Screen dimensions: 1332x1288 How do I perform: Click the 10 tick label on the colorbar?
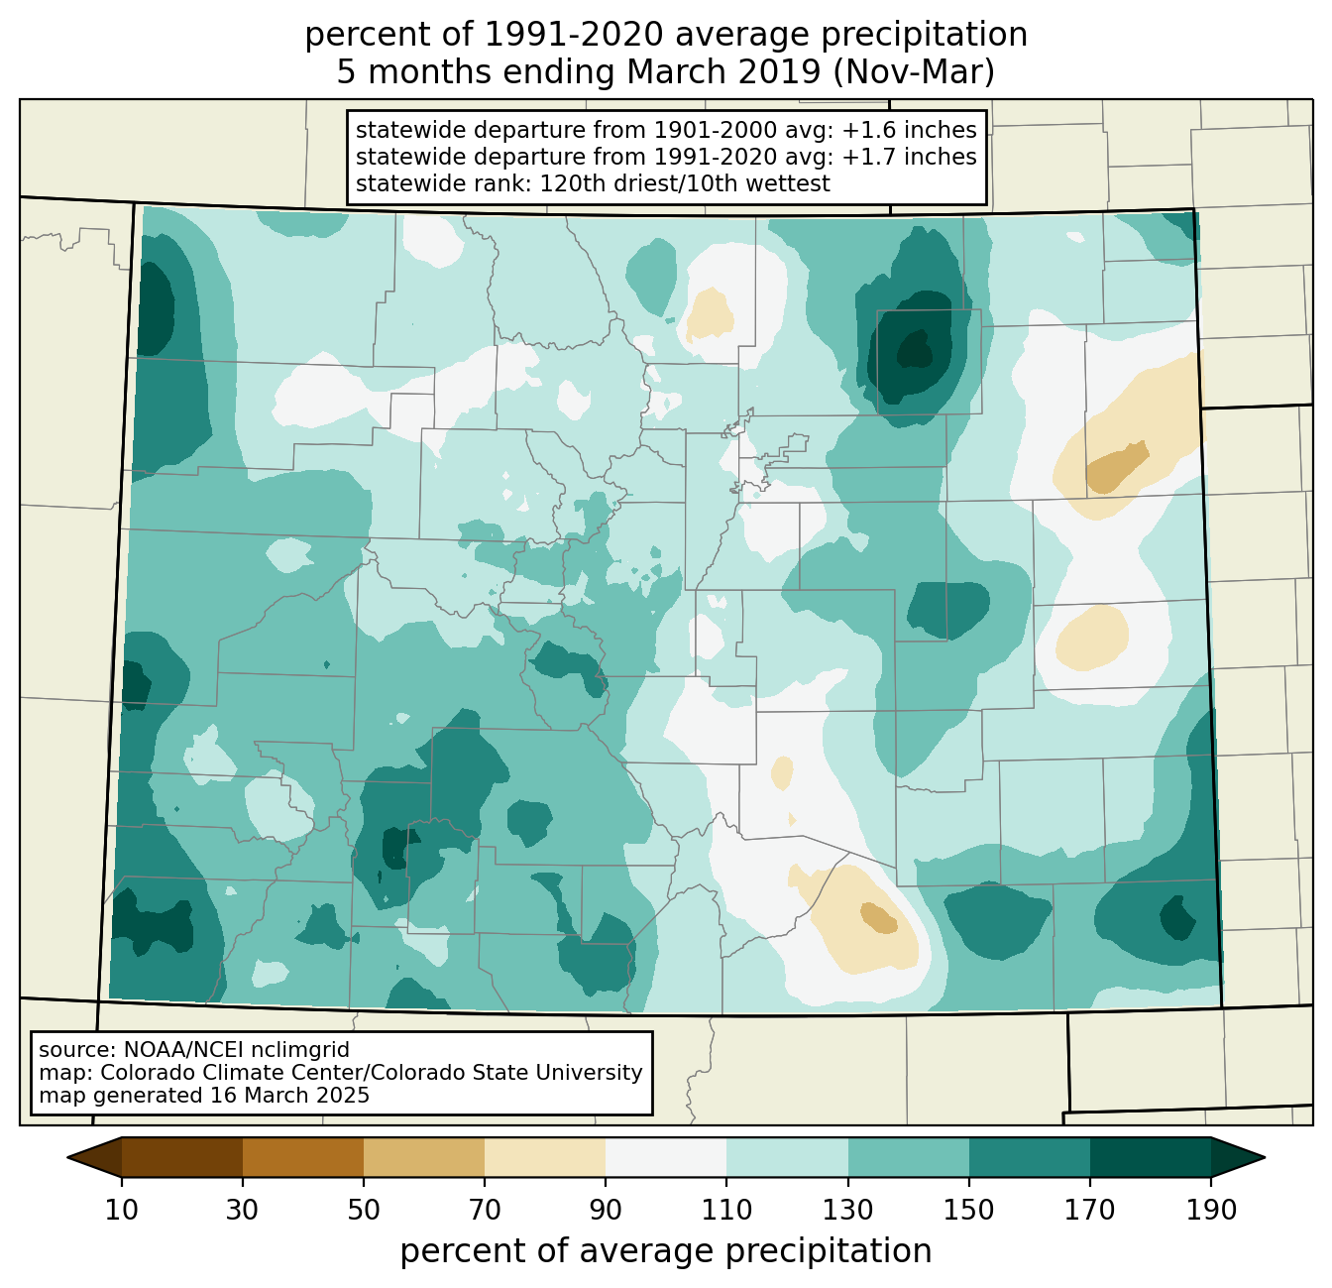(121, 1211)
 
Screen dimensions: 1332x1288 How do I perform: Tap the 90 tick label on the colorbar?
(606, 1211)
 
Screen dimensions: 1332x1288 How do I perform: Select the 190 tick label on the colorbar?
(1211, 1211)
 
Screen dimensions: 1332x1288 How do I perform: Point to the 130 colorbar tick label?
(847, 1211)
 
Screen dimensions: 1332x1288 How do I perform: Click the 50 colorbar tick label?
(364, 1211)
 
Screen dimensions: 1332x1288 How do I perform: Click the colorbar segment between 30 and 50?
(302, 1157)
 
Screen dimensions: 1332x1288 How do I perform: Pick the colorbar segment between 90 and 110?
(666, 1157)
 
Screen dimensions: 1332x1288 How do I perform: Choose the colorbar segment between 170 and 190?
(1150, 1157)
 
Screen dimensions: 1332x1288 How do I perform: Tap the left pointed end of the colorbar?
(68, 1157)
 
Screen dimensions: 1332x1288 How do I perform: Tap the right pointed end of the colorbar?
(1264, 1157)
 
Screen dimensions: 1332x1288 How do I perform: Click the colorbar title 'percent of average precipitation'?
(665, 1251)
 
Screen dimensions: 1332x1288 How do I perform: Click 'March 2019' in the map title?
(723, 72)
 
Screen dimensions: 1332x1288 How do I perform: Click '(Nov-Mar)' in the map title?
(913, 72)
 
